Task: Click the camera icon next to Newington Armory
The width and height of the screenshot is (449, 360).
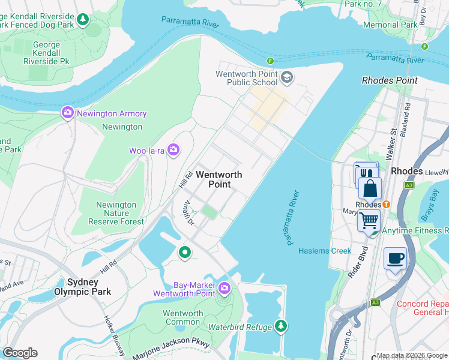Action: [67, 113]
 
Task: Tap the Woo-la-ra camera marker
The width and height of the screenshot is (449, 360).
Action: [174, 150]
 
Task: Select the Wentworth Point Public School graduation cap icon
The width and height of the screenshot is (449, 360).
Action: [287, 77]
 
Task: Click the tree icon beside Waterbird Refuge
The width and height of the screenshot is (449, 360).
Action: [280, 326]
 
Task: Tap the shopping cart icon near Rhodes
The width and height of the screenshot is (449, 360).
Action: [369, 220]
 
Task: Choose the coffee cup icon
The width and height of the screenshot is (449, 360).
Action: [395, 258]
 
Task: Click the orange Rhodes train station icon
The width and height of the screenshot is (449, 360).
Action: [387, 204]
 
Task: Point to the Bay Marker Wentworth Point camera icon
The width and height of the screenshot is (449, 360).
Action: [224, 289]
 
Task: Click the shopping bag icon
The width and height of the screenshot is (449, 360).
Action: [370, 188]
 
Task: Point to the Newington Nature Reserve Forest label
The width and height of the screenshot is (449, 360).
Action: [116, 213]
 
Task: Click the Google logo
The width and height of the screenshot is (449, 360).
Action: [20, 353]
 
